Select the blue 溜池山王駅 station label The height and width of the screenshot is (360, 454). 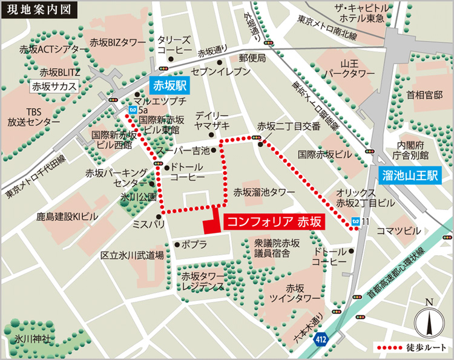(410, 176)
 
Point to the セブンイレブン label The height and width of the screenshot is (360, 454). (212, 72)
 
